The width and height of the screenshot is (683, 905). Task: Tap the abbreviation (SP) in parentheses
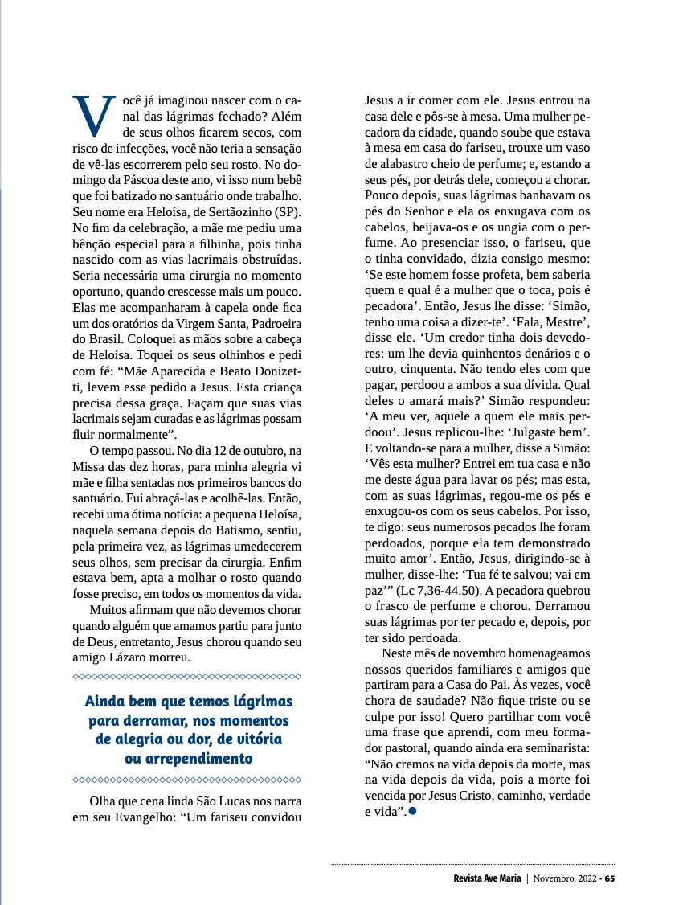click(287, 211)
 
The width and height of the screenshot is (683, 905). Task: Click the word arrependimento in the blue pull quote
click(190, 758)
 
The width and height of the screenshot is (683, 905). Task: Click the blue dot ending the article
click(413, 811)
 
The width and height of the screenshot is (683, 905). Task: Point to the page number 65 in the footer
click(610, 878)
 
